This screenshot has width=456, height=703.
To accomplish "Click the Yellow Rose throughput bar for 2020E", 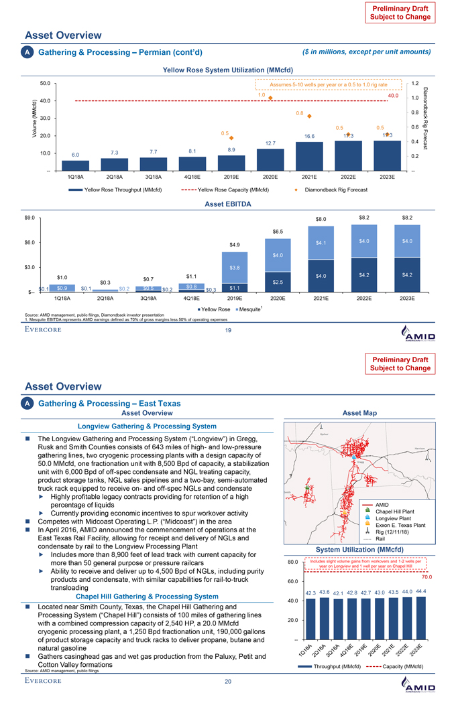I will tap(271, 159).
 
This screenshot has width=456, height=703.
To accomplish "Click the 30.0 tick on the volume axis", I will tap(45, 119).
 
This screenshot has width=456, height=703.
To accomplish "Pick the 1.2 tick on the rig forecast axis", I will tap(415, 84).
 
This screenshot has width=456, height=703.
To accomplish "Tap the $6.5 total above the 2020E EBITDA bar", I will tap(278, 232).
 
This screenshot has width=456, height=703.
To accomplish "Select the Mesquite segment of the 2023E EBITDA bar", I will tap(407, 240).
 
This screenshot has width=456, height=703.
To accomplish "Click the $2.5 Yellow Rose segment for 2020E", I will tap(278, 281).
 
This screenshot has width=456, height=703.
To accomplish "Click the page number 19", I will tap(228, 329).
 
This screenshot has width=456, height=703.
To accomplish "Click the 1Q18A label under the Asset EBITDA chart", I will tap(64, 298).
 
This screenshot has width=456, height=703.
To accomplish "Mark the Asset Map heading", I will tap(360, 413).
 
